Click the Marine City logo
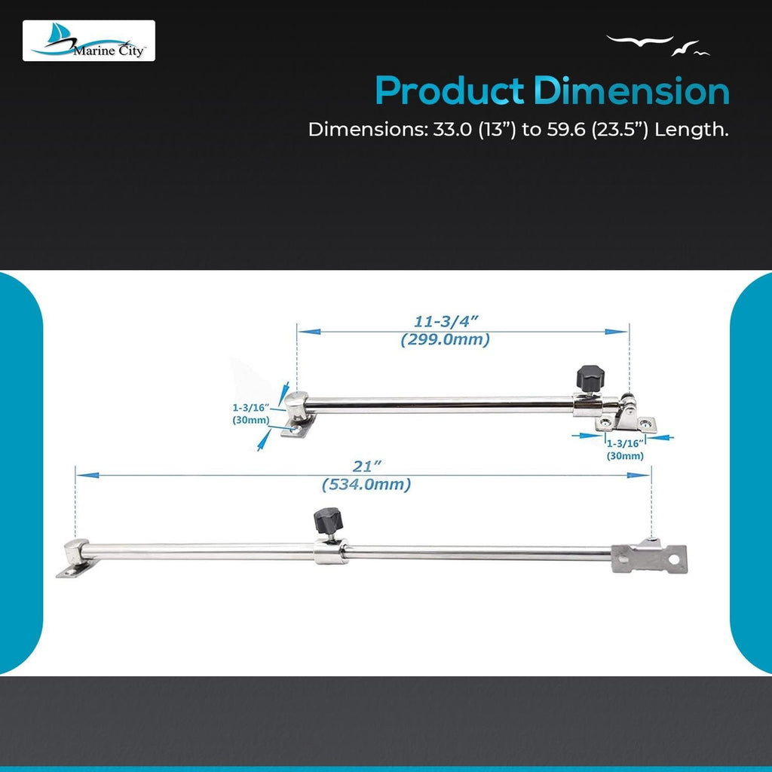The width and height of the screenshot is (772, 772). click(89, 41)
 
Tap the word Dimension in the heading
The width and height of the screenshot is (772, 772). click(631, 91)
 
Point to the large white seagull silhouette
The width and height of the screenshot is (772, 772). click(639, 41)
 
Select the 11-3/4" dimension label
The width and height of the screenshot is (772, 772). click(446, 321)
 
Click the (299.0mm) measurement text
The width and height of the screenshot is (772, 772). click(445, 340)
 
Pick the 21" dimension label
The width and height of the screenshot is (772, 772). click(367, 466)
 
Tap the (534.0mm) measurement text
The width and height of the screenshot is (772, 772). click(366, 485)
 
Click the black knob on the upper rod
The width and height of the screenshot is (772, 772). click(590, 378)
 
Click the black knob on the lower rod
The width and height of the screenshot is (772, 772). click(328, 520)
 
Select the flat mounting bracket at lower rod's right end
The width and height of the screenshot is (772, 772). click(649, 557)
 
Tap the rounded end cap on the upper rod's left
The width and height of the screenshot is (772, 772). click(297, 405)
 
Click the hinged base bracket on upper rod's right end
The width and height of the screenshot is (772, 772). click(626, 418)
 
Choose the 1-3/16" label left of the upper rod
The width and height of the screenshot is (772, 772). click(251, 408)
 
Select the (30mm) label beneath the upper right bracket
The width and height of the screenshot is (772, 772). click(625, 456)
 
